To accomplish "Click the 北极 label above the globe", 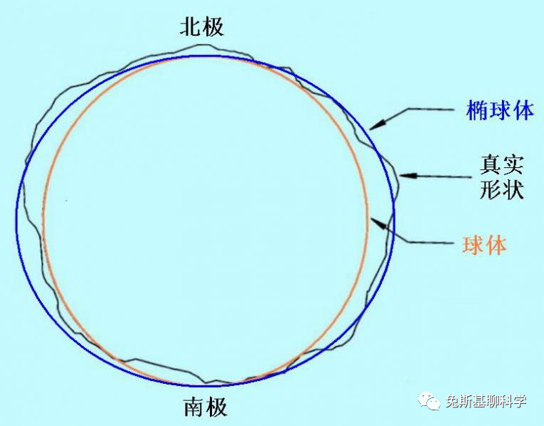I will tap(202, 26).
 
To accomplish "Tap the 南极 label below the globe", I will tap(206, 407).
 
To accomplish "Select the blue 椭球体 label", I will tap(500, 110).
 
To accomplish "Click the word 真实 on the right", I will tap(501, 166).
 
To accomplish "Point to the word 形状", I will tap(501, 191).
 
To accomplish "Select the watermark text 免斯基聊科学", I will tap(485, 402).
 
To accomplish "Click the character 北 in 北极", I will tap(190, 26).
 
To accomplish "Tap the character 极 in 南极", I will tap(217, 407).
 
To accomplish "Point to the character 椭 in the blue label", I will tap(478, 110).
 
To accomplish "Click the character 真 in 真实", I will tap(490, 166).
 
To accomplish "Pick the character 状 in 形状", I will tap(513, 191).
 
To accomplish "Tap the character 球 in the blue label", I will tap(500, 110).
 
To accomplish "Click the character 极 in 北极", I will tap(213, 26).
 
